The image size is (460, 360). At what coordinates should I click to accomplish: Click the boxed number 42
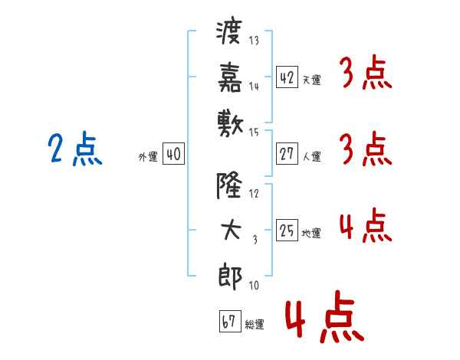click(x=286, y=77)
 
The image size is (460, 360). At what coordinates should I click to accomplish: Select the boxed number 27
click(x=286, y=154)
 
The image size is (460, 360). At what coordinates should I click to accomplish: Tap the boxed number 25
click(x=286, y=231)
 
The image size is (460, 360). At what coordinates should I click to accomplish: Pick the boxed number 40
click(x=172, y=154)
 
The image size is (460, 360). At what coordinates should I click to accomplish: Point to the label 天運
click(x=311, y=80)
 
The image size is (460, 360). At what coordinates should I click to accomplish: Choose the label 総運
click(x=255, y=324)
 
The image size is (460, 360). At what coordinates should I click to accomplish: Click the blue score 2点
click(x=75, y=149)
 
